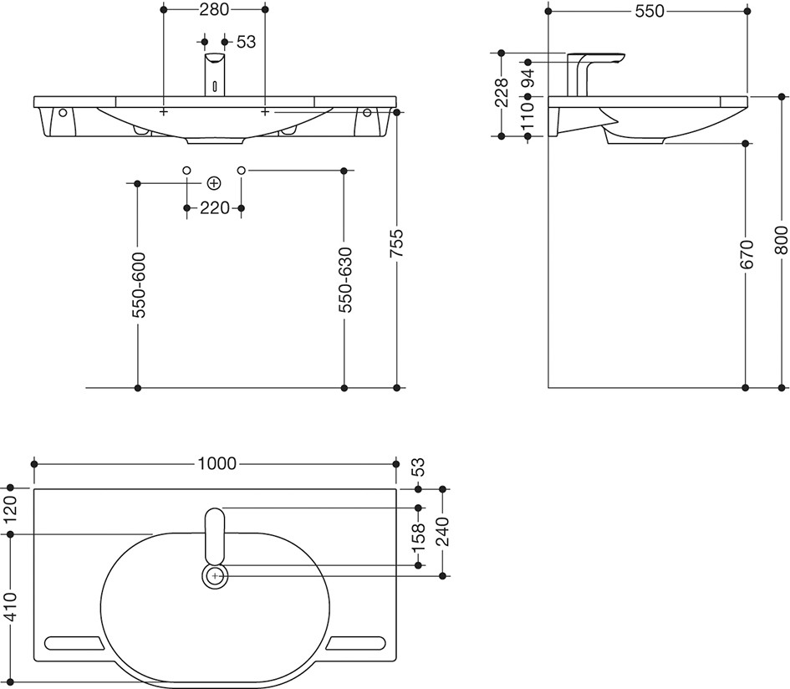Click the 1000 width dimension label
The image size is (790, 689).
(216, 464)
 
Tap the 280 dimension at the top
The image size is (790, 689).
(215, 9)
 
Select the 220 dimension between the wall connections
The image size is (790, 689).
(215, 207)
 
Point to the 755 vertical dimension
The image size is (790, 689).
(397, 244)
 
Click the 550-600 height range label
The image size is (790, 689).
(139, 285)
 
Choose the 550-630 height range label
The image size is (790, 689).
(344, 280)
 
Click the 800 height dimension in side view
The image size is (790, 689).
(781, 241)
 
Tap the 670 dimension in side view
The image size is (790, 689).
(747, 254)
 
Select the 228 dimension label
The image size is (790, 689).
(502, 92)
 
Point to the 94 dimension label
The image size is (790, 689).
(528, 79)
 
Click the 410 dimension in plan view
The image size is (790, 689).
(11, 607)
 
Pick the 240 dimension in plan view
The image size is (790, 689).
(443, 532)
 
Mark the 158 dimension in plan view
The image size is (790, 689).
(418, 537)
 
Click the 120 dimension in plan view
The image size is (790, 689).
(11, 510)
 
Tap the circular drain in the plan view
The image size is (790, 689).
(215, 575)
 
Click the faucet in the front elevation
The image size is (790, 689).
(215, 74)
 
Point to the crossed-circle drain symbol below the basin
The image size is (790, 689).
(214, 183)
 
